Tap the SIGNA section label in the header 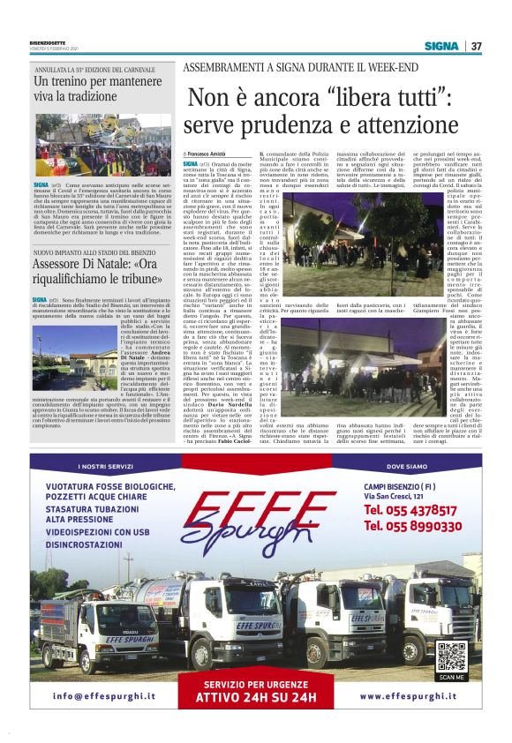(441, 46)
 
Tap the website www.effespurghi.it (413, 696)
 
